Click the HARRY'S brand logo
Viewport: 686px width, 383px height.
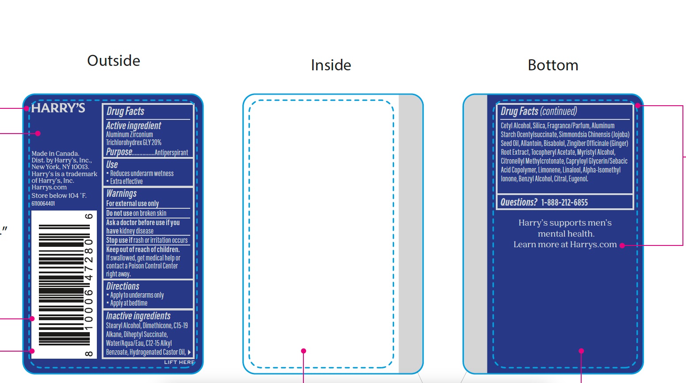[x=58, y=108]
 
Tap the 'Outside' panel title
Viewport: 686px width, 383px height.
[x=114, y=61]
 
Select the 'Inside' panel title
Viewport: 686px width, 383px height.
[x=331, y=65]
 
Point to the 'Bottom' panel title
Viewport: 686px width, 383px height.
[x=553, y=65]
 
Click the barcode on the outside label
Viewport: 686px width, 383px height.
[x=64, y=285]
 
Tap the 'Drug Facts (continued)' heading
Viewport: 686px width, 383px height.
[x=539, y=111]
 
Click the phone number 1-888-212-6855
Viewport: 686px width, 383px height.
[x=564, y=203]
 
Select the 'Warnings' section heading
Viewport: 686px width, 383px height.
[x=121, y=193]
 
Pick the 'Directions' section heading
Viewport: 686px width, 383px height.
[x=123, y=286]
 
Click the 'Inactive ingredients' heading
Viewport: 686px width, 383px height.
[x=138, y=316]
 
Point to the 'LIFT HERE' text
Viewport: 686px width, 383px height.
[x=179, y=362]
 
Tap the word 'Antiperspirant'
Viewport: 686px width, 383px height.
[x=171, y=153]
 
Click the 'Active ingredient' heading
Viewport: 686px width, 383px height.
[x=134, y=126]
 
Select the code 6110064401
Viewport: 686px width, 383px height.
[x=43, y=204]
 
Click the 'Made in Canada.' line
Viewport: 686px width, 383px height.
[x=55, y=153]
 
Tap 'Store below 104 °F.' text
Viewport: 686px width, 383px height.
[x=59, y=195]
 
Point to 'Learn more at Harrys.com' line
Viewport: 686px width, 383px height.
[x=565, y=245]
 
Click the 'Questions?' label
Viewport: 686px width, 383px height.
[x=518, y=203]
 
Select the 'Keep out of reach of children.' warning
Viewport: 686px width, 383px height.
[x=143, y=249]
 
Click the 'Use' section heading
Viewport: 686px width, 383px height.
[x=112, y=165]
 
